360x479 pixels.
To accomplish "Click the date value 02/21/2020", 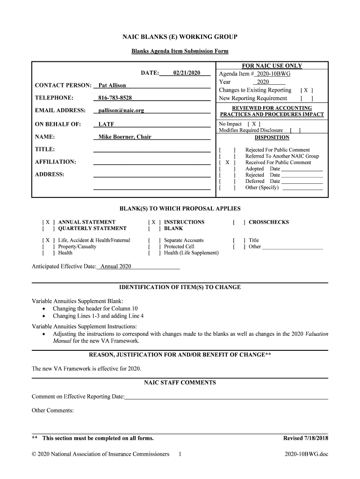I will pyautogui.click(x=187, y=73).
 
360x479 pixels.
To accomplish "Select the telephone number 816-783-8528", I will pyautogui.click(x=115, y=98).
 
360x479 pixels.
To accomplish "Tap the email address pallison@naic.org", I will pyautogui.click(x=121, y=110).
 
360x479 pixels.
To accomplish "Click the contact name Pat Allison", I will pyautogui.click(x=112, y=86).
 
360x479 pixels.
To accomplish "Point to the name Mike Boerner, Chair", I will pyautogui.click(x=125, y=137).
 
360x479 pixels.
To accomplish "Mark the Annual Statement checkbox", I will pyautogui.click(x=48, y=222).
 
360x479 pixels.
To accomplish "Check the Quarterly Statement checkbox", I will pyautogui.click(x=48, y=228).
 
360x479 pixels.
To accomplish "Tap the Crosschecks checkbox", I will pyautogui.click(x=238, y=222).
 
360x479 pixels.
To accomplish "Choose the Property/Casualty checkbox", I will pyautogui.click(x=48, y=247).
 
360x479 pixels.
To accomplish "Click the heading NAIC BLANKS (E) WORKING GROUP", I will pyautogui.click(x=180, y=36).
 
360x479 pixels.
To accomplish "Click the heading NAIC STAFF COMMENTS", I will pyautogui.click(x=180, y=383).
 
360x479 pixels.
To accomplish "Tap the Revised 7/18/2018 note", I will pyautogui.click(x=306, y=438).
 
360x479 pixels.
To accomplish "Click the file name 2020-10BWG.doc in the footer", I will pyautogui.click(x=306, y=454).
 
